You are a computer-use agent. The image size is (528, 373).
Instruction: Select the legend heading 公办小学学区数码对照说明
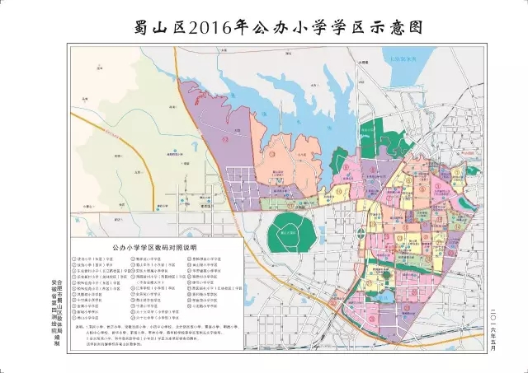[x=158, y=246]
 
